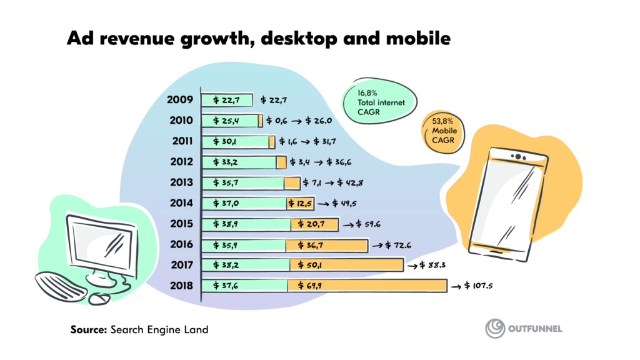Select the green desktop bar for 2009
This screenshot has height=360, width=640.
pyautogui.click(x=226, y=100)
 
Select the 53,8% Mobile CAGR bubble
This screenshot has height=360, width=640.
pyautogui.click(x=445, y=131)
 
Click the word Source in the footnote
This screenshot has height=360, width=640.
pyautogui.click(x=88, y=329)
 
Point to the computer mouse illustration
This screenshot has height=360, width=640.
pyautogui.click(x=99, y=299)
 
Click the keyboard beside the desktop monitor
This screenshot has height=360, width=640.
pyautogui.click(x=59, y=288)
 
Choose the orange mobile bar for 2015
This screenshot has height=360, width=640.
pyautogui.click(x=314, y=224)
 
